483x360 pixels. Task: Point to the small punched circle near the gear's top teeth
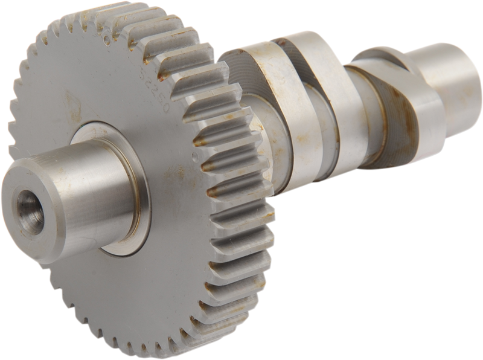point(107,41)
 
